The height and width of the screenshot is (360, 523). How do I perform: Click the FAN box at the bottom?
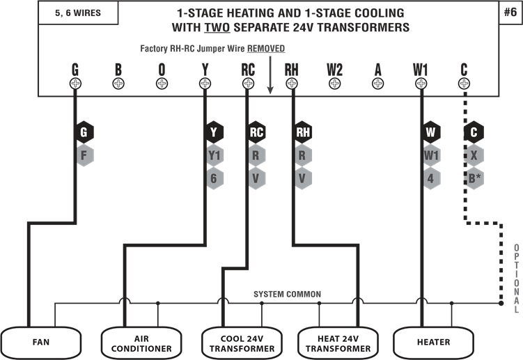(x=40, y=342)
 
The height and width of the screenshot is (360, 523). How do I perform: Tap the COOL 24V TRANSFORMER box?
(x=242, y=342)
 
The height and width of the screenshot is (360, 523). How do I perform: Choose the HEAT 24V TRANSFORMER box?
(x=338, y=342)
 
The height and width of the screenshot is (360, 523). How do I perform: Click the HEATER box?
(x=432, y=342)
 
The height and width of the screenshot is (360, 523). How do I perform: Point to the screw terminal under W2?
(x=334, y=84)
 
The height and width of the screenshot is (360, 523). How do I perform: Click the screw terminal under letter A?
(x=377, y=84)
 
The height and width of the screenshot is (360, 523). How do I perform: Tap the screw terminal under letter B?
(x=118, y=84)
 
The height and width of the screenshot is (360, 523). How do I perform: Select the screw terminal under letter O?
(x=162, y=84)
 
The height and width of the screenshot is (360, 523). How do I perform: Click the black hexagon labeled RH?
(x=302, y=132)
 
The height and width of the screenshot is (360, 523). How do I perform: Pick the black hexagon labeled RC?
(x=256, y=132)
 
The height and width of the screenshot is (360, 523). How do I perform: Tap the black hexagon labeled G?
(x=84, y=132)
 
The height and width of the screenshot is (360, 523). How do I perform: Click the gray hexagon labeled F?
(x=84, y=155)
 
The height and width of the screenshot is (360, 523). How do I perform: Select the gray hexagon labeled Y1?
(x=214, y=155)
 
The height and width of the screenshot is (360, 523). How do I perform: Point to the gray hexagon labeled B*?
(x=474, y=178)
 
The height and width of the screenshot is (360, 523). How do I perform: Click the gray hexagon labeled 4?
(x=431, y=178)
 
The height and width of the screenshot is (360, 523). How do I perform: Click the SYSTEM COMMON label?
(x=287, y=295)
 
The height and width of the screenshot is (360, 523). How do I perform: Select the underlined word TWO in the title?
(x=217, y=27)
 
